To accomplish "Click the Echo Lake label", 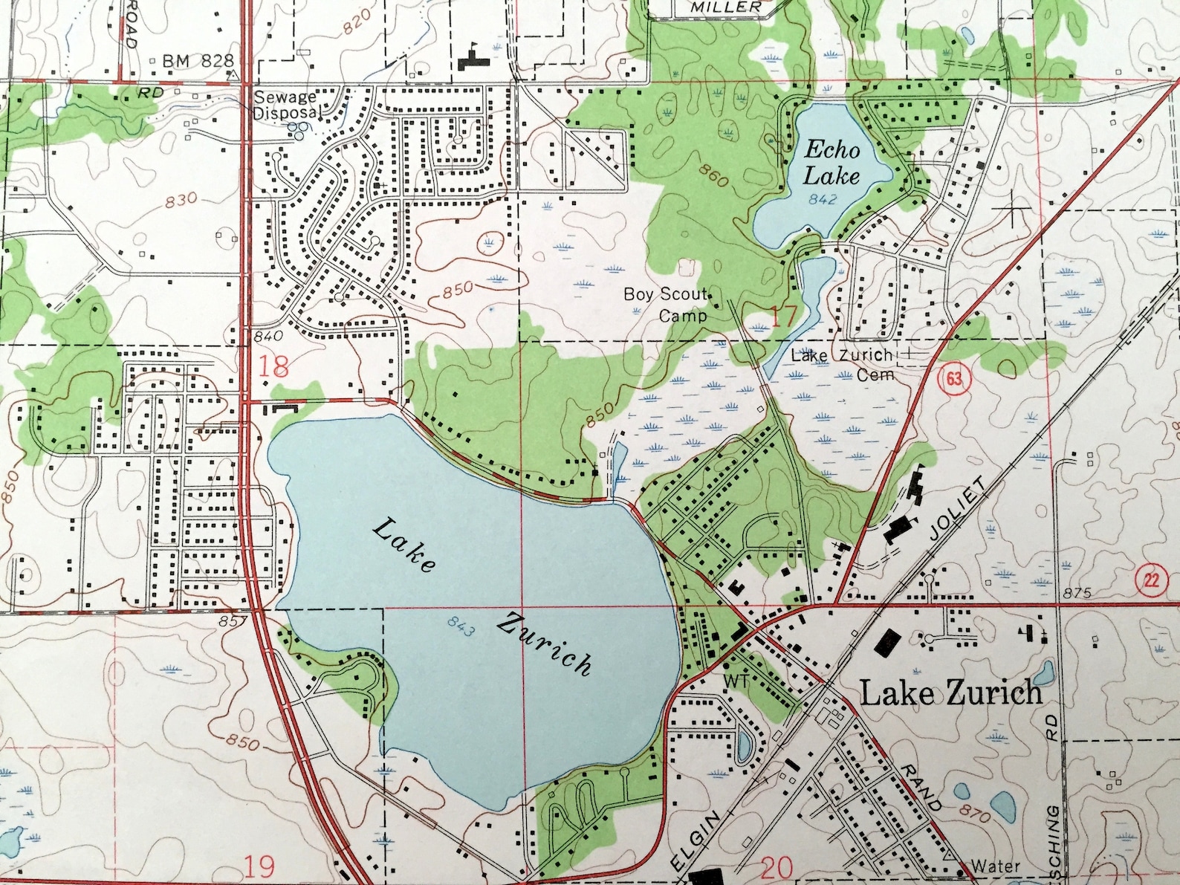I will (x=831, y=163).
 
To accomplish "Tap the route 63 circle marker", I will (x=954, y=379).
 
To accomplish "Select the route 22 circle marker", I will (x=1151, y=580).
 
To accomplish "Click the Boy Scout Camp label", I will (x=667, y=304).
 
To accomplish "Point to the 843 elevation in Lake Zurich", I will (x=461, y=628).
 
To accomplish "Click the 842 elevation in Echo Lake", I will (x=823, y=199).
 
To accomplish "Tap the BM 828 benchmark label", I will (x=198, y=61).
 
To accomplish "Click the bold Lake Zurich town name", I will (x=950, y=693).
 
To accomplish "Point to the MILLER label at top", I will (x=726, y=7).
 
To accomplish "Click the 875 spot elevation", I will (x=1077, y=593).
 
